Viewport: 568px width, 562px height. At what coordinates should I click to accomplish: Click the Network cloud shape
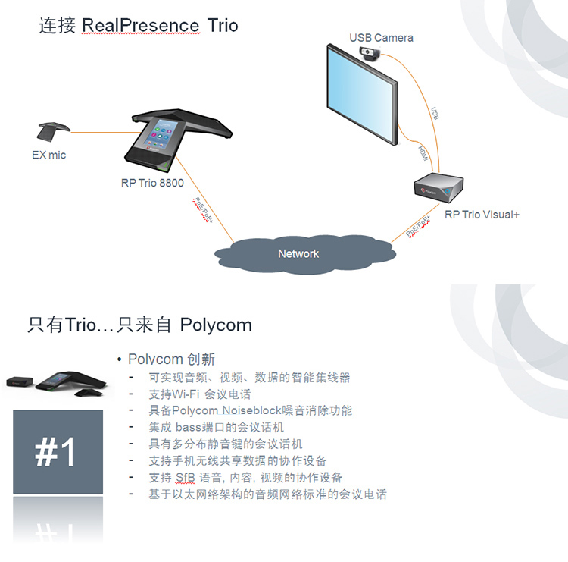coord(298,254)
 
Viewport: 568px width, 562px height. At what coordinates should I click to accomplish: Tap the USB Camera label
coord(381,38)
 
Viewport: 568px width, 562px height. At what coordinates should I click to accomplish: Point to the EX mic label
coord(48,155)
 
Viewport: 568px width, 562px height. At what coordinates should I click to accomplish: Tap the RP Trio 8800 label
coord(152,183)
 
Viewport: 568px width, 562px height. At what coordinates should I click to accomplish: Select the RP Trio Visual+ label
coord(482,215)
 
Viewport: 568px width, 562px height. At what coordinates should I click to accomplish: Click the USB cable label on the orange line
coord(435,114)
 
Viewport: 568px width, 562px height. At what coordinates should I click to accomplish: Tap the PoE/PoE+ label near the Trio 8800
coord(202,208)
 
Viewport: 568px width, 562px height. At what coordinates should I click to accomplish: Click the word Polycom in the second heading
coord(216,325)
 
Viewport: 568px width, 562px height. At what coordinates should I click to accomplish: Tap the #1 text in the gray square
coord(57,452)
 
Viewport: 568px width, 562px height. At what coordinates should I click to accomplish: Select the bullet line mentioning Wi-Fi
coord(200,394)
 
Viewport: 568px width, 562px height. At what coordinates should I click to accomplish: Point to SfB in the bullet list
coord(185,478)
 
